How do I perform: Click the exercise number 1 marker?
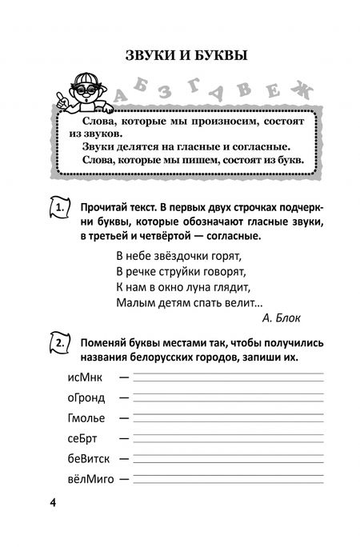(62, 209)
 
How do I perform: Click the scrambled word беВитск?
(82, 458)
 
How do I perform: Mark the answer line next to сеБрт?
(228, 439)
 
